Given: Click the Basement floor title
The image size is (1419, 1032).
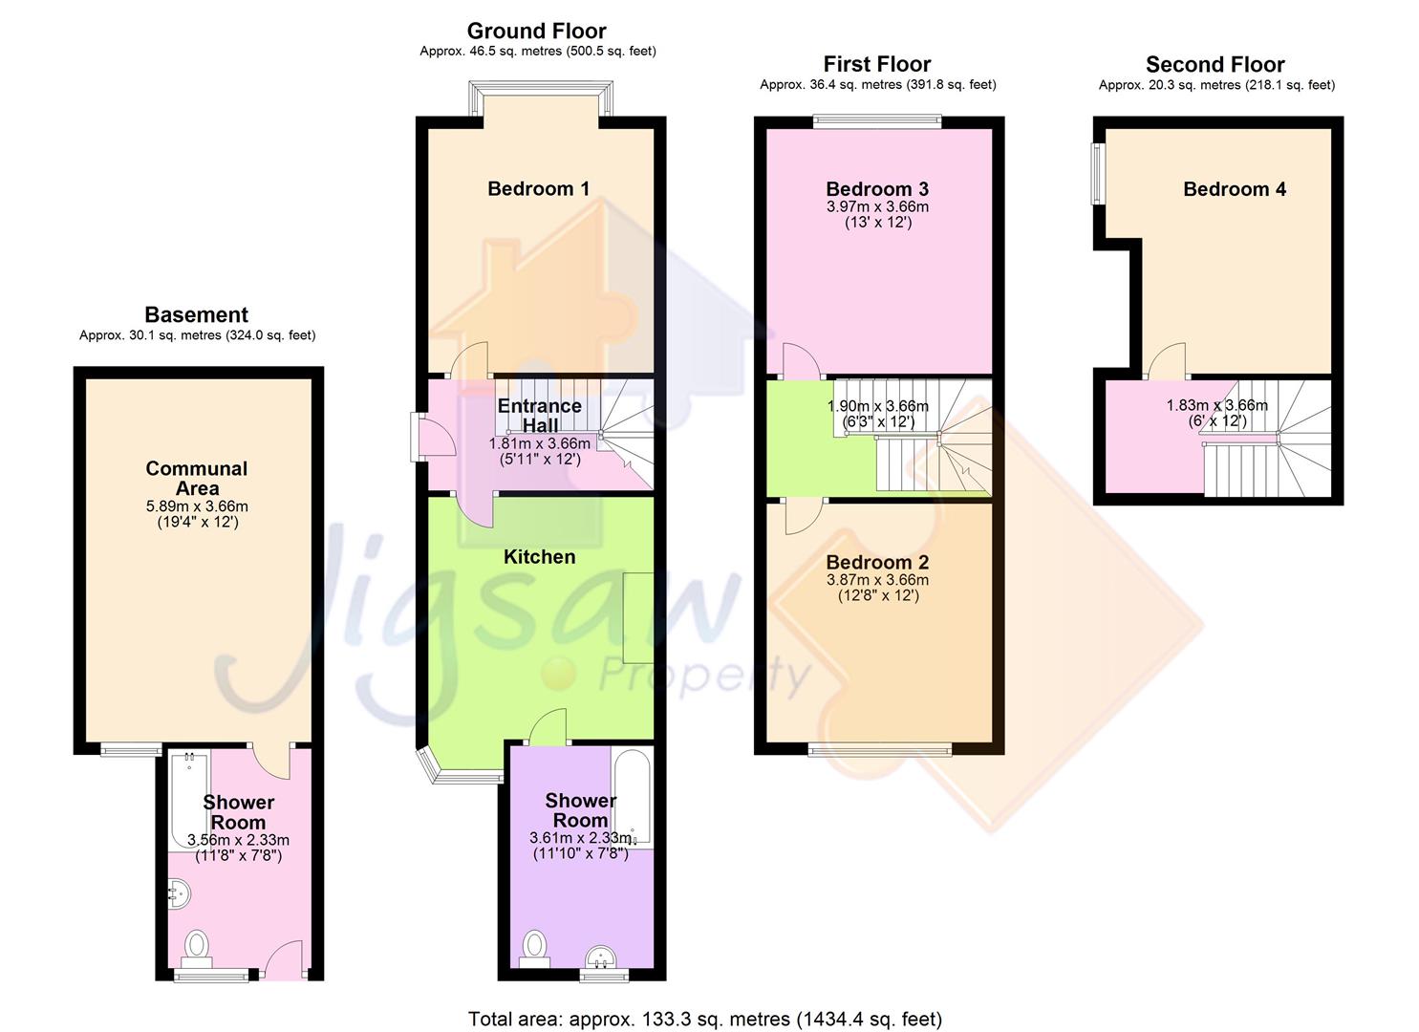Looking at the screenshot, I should click(x=196, y=314).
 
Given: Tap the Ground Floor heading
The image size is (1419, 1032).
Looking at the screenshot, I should click(x=536, y=31).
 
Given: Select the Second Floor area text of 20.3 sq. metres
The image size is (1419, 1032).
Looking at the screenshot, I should click(x=1215, y=85).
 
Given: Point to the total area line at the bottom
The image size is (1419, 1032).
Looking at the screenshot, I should click(x=704, y=1019).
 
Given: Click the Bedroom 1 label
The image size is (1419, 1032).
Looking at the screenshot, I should click(x=538, y=188).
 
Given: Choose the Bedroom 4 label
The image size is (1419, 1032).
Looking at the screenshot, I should click(x=1234, y=189).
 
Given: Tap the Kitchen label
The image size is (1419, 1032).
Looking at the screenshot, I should click(x=539, y=556).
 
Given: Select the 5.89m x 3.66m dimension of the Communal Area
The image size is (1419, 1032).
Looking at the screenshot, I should click(x=197, y=506).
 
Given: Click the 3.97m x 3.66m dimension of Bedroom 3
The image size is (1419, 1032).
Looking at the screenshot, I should click(x=877, y=206).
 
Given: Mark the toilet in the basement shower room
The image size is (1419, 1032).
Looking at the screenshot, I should click(x=197, y=945).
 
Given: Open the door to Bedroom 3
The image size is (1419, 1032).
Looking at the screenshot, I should click(x=801, y=361).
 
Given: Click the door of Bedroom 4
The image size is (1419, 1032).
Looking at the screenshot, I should click(x=1166, y=361).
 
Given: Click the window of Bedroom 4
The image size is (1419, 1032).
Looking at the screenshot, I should click(x=1099, y=173).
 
